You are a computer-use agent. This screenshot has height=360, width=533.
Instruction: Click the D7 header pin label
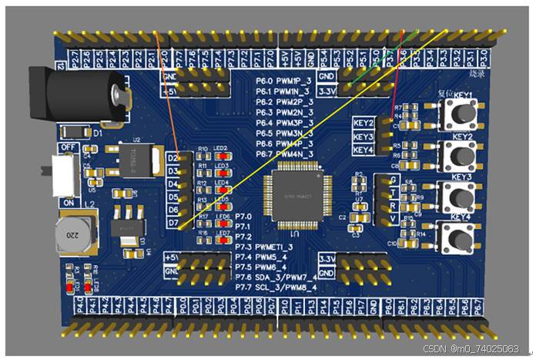point(174,224)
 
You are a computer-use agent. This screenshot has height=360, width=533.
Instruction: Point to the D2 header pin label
point(174,159)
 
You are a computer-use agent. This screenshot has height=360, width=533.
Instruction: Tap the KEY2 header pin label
point(364,123)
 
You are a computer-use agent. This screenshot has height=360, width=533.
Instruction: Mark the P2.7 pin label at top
point(73,57)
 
